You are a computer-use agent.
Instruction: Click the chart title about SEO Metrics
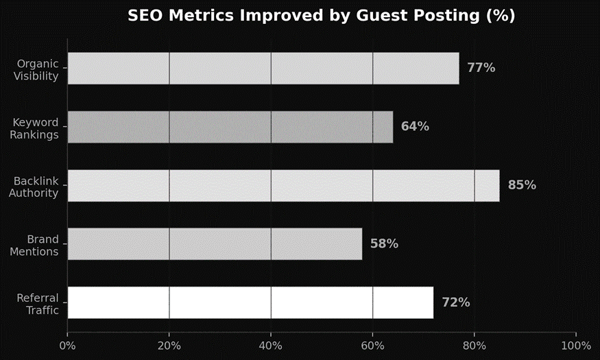point(321,16)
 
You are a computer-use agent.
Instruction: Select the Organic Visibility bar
point(263,68)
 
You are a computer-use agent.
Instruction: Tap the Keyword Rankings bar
point(230,127)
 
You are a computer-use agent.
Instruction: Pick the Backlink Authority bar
point(283,185)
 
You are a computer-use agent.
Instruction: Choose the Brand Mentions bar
point(215,244)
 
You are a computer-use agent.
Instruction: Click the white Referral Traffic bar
point(250,302)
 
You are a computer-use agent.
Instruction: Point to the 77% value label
point(481,68)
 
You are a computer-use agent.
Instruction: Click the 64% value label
point(415,127)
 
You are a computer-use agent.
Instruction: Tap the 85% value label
point(522,185)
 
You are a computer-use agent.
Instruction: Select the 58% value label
point(384,244)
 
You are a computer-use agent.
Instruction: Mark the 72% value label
point(455,302)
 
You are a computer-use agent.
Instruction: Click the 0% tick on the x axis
point(67,345)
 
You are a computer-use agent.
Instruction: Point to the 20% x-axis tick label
point(169,345)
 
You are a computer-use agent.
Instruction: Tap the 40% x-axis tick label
point(271,345)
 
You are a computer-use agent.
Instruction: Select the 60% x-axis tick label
point(372,345)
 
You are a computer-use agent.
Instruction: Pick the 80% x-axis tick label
point(475,345)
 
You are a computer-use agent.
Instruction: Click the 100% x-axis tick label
point(575,345)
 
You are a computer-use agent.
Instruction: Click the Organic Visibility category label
point(36,70)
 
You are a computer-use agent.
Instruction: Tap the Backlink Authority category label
point(34,187)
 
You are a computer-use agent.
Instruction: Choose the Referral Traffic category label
point(38,304)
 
